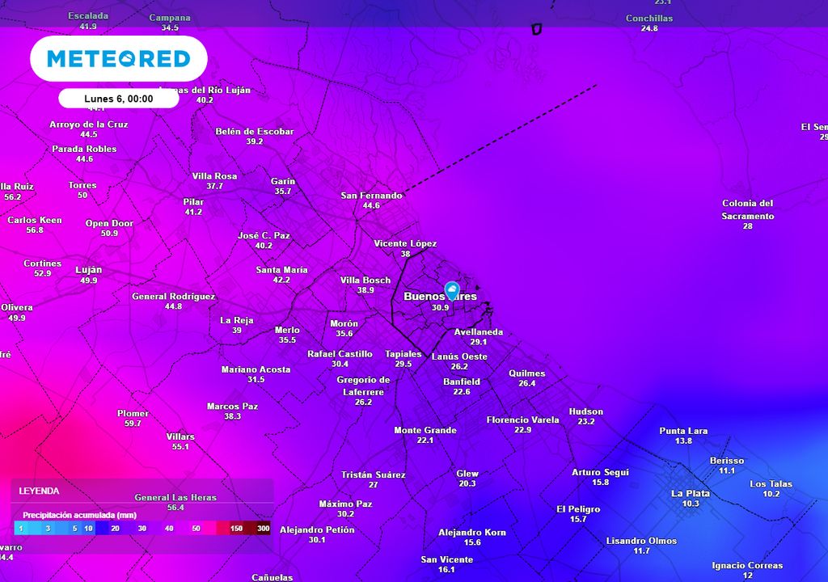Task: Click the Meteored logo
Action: click(118, 58)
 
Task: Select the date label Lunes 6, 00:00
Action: click(118, 99)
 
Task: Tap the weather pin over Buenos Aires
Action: click(452, 291)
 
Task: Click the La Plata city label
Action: click(691, 493)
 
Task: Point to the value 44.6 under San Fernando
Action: click(371, 206)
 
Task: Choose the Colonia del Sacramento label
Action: click(748, 209)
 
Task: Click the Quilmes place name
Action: click(527, 373)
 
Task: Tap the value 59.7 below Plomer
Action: click(133, 424)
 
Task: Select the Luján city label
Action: click(89, 270)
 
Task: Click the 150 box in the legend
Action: click(236, 529)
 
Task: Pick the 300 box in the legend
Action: click(263, 529)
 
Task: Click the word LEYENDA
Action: click(39, 491)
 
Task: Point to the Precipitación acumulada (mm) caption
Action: click(79, 515)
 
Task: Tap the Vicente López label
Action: click(405, 243)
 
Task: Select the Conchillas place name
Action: click(649, 19)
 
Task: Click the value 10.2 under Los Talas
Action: click(771, 494)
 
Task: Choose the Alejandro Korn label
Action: click(472, 532)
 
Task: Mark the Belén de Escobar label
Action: click(255, 131)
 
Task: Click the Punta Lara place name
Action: click(683, 431)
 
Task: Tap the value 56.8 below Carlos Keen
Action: click(35, 230)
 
